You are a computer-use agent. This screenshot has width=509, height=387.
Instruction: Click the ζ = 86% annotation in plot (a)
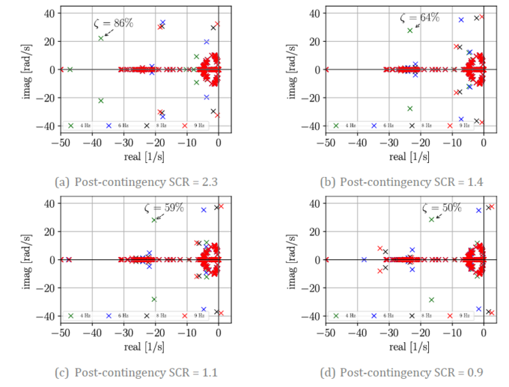[x=113, y=23]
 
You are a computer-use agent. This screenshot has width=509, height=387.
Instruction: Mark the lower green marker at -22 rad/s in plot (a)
[x=100, y=100]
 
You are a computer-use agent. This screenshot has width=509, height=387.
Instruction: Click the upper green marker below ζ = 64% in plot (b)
[x=409, y=31]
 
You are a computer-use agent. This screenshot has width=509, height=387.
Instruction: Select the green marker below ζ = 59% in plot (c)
[x=154, y=220]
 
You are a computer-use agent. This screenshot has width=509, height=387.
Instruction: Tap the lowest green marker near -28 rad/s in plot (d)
[x=431, y=300]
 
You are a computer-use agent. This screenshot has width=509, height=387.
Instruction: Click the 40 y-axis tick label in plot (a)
[x=48, y=13]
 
